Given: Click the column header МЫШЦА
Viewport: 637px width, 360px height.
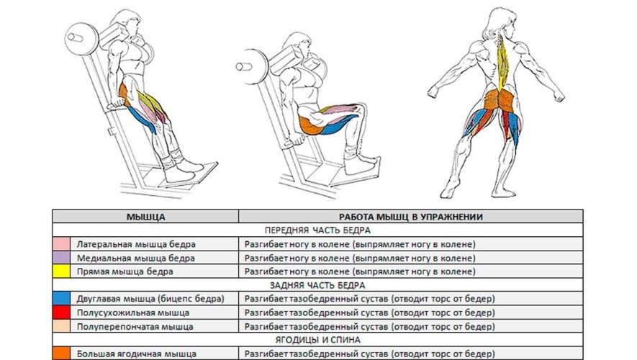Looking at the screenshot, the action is click(x=145, y=217).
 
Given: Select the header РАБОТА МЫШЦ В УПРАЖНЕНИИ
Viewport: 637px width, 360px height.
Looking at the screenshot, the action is click(x=411, y=217).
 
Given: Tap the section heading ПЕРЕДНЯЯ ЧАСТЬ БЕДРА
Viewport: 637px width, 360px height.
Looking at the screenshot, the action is click(x=317, y=230).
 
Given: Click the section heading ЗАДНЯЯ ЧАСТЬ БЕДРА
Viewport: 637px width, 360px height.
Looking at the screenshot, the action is click(x=317, y=285).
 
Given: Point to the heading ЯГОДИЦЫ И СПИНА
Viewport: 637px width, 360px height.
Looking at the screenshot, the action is click(x=317, y=340).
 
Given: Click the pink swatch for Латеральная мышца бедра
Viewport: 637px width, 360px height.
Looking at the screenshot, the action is click(x=61, y=244).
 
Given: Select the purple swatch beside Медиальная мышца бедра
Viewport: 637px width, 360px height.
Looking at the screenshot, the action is click(x=61, y=258).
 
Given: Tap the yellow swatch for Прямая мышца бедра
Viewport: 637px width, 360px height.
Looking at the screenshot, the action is click(x=61, y=271).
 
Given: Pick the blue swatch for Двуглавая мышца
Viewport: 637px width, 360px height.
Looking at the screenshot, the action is click(x=61, y=299).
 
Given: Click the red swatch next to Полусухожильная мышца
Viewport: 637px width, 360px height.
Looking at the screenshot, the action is click(x=61, y=312).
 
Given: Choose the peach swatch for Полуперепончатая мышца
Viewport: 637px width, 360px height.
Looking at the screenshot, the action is click(x=61, y=326).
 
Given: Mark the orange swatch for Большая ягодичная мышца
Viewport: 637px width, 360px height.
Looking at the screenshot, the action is click(x=61, y=353).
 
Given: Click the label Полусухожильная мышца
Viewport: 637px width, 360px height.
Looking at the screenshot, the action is click(x=133, y=313).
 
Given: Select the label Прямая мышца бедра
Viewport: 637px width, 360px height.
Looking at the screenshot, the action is click(x=125, y=271).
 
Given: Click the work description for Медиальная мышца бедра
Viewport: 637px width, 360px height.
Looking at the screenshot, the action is click(x=360, y=258).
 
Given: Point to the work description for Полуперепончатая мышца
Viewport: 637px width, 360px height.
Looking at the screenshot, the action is click(x=369, y=326).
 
